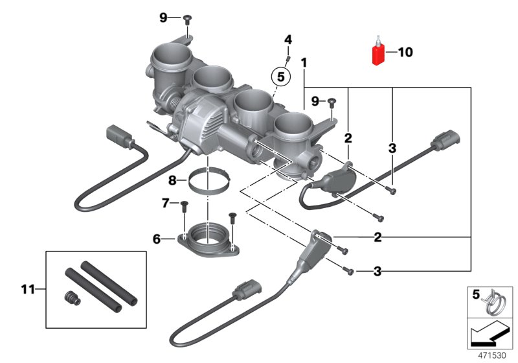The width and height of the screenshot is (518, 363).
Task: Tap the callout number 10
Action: pos(405,53)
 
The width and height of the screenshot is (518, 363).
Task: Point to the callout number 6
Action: pos(156,239)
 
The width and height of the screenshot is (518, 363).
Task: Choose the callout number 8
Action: pos(173,180)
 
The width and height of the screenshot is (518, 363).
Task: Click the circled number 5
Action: pos(280,76)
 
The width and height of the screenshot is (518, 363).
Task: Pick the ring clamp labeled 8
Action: pos(207,180)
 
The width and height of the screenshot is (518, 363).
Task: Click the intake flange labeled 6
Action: pos(208,239)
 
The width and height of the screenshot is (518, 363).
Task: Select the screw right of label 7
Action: pos(183,205)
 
